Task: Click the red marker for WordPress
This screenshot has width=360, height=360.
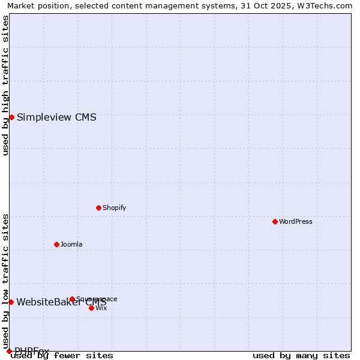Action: point(275,221)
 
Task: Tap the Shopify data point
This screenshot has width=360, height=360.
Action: point(98,208)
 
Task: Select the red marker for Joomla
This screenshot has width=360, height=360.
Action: point(56,244)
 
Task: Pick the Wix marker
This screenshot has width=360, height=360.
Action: point(91,308)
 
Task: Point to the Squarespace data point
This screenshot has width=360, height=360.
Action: point(72,299)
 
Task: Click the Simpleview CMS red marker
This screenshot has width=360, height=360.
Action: point(11,117)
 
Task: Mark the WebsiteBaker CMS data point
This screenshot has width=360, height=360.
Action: point(11,302)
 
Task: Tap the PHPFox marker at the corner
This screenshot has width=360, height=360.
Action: point(9,351)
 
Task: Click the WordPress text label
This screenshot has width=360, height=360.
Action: point(296,221)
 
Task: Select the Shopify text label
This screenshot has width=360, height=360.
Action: point(114,208)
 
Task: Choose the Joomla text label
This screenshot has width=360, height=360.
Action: point(71,244)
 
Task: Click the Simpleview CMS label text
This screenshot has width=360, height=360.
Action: point(56,117)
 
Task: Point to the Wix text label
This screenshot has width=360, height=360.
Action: point(101,308)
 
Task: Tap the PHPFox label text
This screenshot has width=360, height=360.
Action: point(32,351)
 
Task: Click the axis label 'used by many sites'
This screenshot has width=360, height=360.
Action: point(301,356)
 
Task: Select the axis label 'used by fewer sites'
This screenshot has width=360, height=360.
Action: point(62,356)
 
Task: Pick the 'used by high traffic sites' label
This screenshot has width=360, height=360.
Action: point(5,85)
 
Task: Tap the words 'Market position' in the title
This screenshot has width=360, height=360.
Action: point(36,5)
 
